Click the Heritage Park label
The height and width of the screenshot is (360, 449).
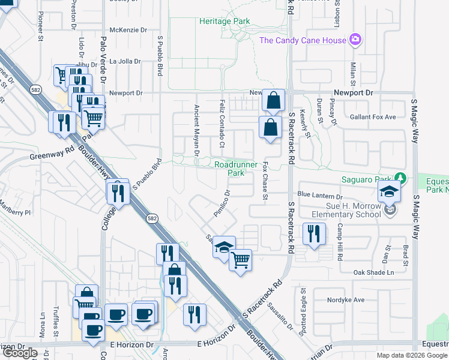coord(224,21)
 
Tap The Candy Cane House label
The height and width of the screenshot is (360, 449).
coord(303,40)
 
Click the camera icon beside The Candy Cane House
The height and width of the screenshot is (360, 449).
coord(356,40)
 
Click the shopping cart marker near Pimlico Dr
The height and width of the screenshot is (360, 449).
coord(240,260)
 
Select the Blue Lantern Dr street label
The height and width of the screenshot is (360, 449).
coord(319,196)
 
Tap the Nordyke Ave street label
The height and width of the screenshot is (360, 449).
coord(346,300)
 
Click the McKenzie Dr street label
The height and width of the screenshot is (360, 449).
coord(128,29)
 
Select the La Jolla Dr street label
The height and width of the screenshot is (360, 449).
coord(124,61)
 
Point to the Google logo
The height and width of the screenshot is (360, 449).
coord(20,353)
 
